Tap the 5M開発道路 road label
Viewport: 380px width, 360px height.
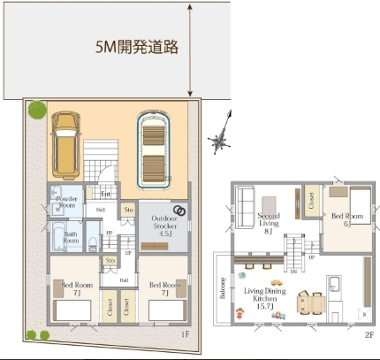(x=138, y=47)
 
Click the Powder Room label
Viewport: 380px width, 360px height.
(x=68, y=202)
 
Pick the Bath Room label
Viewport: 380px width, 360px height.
(x=72, y=236)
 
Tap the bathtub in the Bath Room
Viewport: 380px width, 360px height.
(x=56, y=237)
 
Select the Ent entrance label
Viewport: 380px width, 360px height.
(x=105, y=194)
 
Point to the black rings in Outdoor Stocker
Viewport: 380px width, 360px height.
(x=179, y=211)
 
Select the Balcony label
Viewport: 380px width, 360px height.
(x=224, y=291)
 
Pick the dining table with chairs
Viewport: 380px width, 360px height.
(x=310, y=303)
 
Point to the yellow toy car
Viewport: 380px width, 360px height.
(x=276, y=307)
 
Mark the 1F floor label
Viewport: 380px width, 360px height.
(x=184, y=333)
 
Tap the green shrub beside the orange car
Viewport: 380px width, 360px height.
(x=36, y=111)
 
